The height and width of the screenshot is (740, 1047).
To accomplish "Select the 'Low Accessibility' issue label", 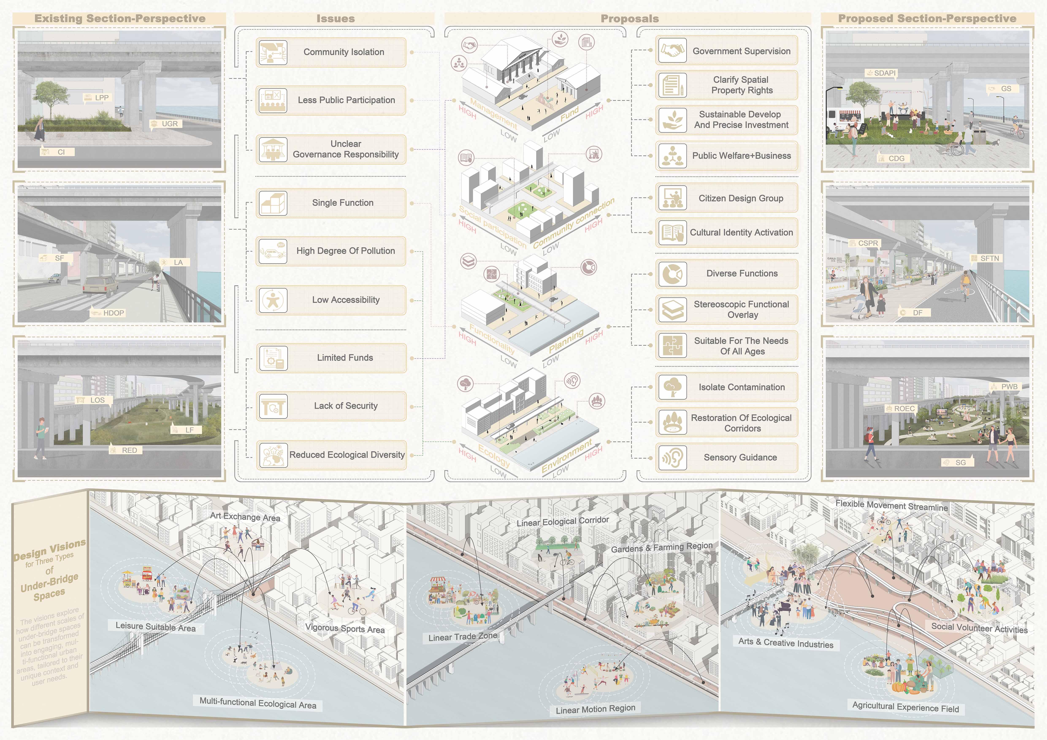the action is pyautogui.click(x=346, y=300).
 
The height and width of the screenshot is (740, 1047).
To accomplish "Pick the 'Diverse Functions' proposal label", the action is pyautogui.click(x=742, y=273).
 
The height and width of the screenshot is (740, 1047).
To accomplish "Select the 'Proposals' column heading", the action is pyautogui.click(x=629, y=19).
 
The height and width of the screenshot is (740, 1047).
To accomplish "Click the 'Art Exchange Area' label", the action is pyautogui.click(x=245, y=517).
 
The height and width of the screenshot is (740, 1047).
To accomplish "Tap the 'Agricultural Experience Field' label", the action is pyautogui.click(x=905, y=707).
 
